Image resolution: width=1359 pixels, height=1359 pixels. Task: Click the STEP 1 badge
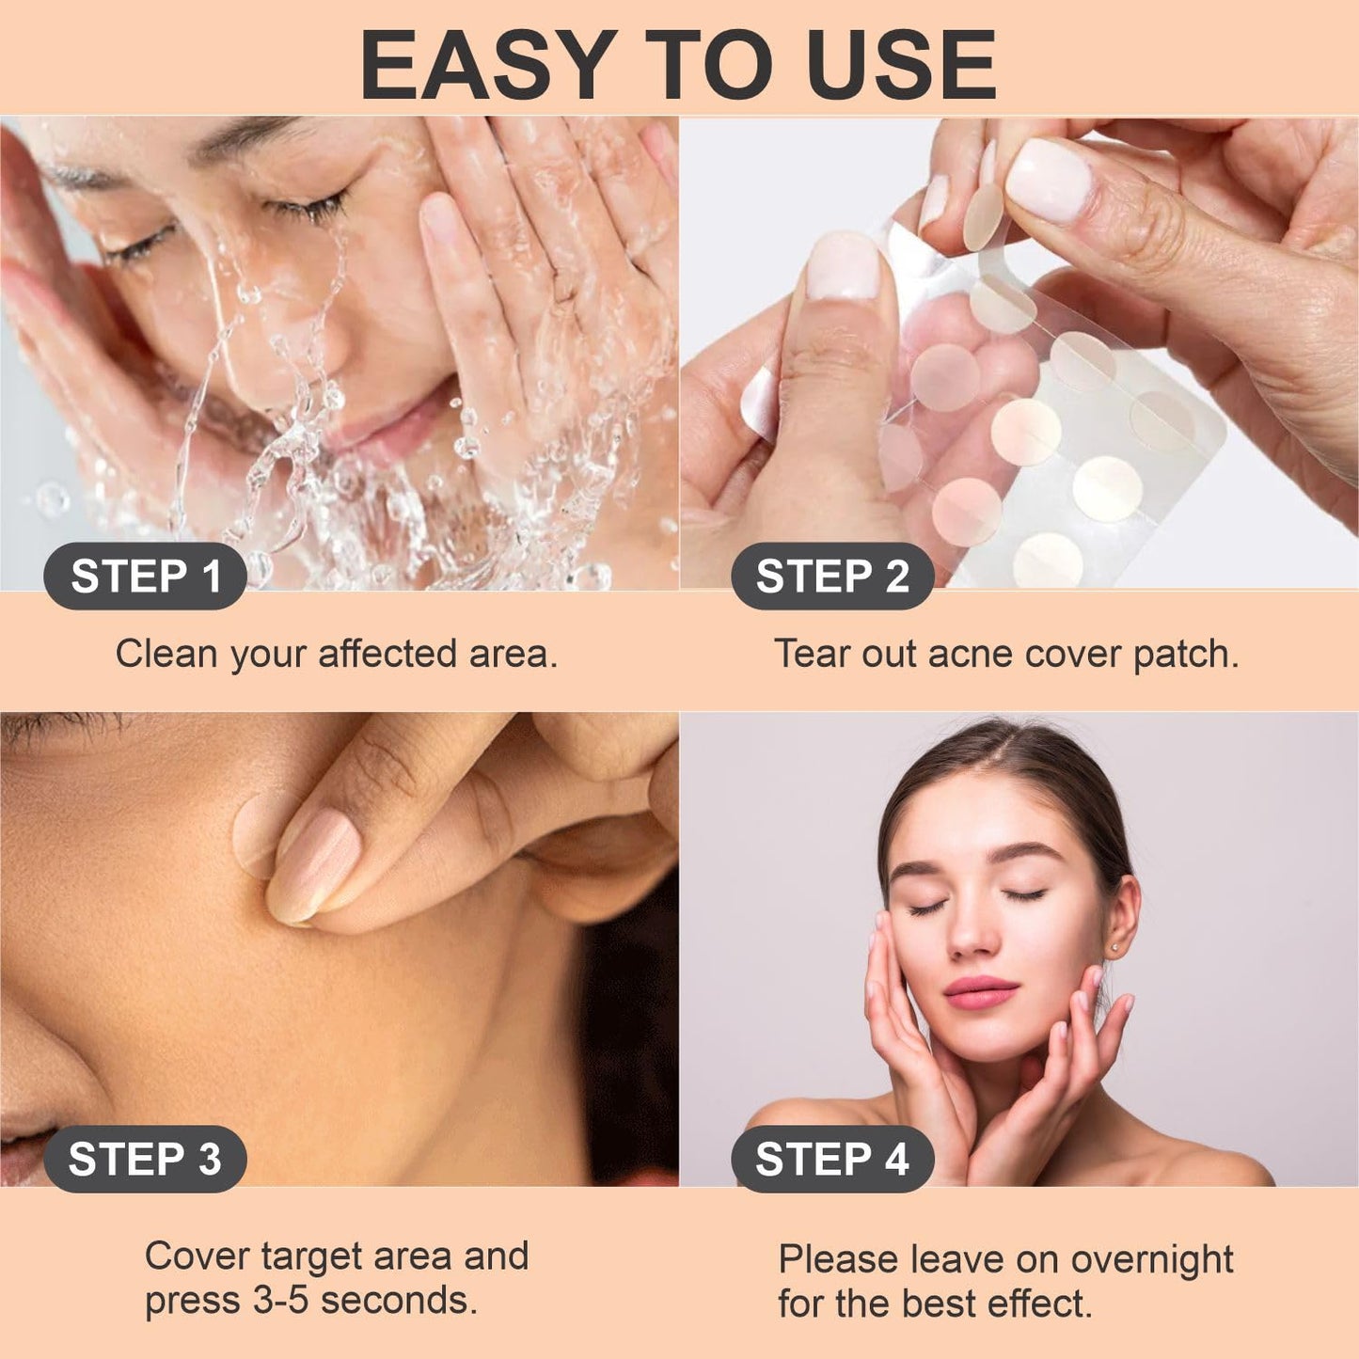click(x=145, y=577)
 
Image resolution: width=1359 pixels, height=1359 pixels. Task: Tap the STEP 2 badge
click(x=832, y=577)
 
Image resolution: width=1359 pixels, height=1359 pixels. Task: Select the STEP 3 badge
click(x=145, y=1159)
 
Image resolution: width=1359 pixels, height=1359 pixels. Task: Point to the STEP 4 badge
click(x=832, y=1159)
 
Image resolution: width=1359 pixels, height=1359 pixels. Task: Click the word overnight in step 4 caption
click(x=1152, y=1259)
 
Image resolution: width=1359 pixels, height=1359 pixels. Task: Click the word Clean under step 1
click(x=166, y=653)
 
